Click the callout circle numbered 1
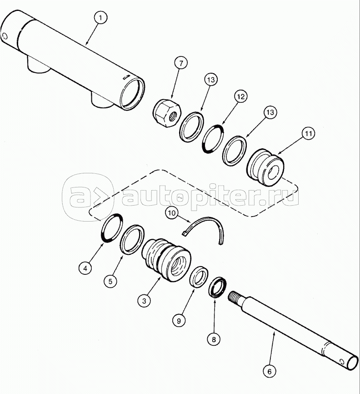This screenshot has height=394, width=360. click(101, 19)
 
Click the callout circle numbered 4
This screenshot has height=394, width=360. click(84, 268)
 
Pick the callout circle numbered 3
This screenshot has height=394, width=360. click(144, 300)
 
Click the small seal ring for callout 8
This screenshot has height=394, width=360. click(217, 286)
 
